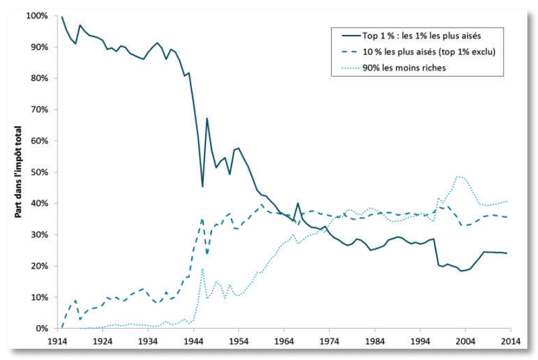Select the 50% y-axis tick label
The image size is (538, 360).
tap(38, 172)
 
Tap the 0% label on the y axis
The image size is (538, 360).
tap(41, 329)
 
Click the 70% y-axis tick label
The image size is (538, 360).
tap(38, 110)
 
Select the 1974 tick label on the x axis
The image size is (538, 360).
tap(329, 341)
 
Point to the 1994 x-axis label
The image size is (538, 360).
tap(420, 341)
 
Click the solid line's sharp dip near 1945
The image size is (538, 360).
tap(202, 186)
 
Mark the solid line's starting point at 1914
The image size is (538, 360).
tap(62, 17)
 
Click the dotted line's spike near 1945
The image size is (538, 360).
tap(202, 269)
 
